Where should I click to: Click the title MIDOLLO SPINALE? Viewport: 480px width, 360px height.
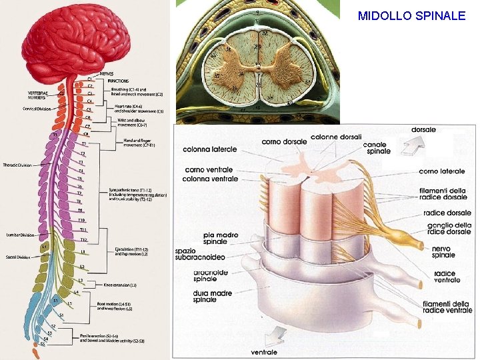411,15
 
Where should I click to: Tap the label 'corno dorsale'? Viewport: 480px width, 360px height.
285,141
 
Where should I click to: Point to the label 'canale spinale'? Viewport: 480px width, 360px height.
377,148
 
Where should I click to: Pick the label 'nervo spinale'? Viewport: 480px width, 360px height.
443,251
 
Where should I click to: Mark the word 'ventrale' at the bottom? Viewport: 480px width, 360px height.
264,352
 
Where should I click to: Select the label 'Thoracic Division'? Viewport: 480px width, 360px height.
17,165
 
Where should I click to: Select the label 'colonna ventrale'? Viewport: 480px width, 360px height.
211,179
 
